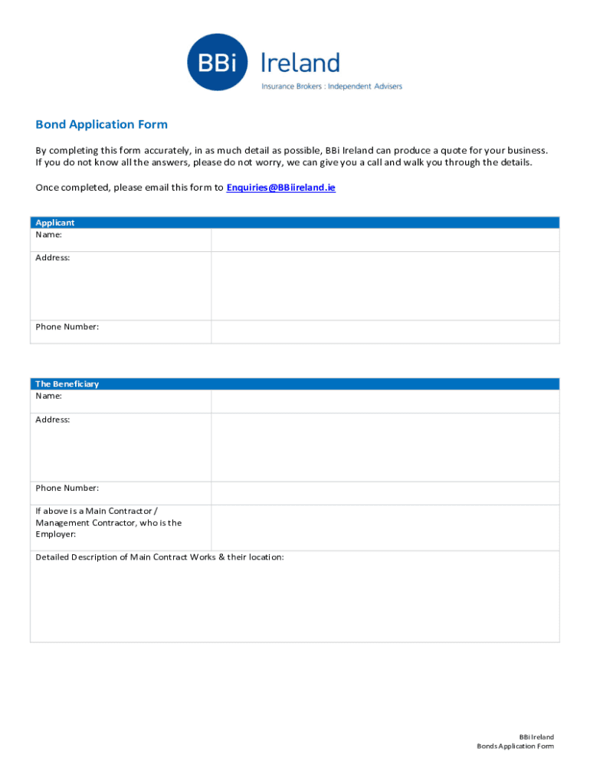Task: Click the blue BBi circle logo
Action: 218,62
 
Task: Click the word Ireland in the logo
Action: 300,63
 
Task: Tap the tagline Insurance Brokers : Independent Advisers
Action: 331,87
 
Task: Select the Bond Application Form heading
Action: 101,125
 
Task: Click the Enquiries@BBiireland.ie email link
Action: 280,188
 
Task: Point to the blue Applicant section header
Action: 294,223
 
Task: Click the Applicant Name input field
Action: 385,240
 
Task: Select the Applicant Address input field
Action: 385,286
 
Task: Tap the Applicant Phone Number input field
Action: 385,332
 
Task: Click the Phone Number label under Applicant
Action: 67,327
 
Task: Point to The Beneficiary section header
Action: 294,384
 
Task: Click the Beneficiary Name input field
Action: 385,401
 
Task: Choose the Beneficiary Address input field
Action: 385,447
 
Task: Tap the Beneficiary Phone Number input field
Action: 385,493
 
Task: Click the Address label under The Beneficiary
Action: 53,420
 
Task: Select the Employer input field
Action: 385,528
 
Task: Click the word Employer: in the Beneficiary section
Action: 56,534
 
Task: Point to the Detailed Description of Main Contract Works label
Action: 159,557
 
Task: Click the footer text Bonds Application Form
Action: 515,746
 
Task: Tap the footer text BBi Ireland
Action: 536,737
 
